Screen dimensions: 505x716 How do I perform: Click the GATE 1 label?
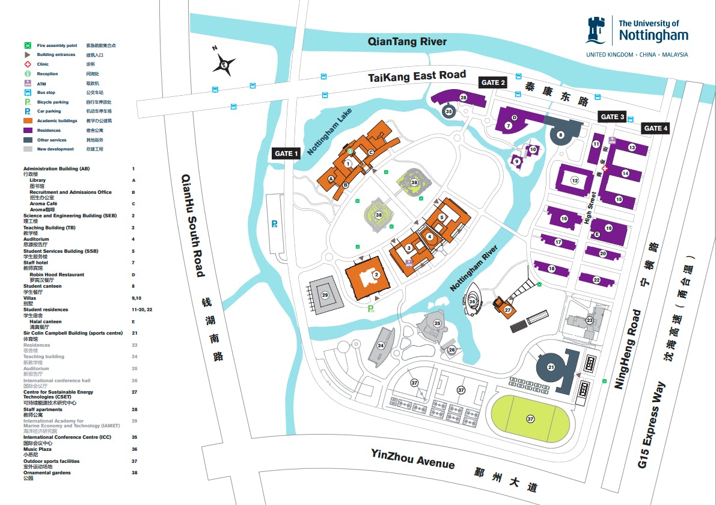point(287,153)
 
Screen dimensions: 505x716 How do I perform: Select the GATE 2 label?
point(492,82)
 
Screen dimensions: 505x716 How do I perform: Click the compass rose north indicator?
point(223,62)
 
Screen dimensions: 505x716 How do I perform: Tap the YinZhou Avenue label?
point(412,459)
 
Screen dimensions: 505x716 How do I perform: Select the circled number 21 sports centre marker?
point(551,367)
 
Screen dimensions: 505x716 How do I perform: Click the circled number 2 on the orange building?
point(376,275)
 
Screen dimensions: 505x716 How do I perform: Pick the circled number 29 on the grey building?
point(325,294)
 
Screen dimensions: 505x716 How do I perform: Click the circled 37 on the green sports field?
point(530,418)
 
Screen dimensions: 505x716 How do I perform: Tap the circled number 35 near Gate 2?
point(448,111)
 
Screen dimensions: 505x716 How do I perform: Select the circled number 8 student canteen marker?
point(560,135)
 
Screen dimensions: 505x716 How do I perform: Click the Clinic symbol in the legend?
point(28,64)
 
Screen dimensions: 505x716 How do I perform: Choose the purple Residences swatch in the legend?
point(28,130)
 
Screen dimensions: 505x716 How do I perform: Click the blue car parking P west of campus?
point(274,224)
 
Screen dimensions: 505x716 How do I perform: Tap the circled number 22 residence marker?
point(596,280)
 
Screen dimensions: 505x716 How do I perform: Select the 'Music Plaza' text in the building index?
point(37,449)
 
